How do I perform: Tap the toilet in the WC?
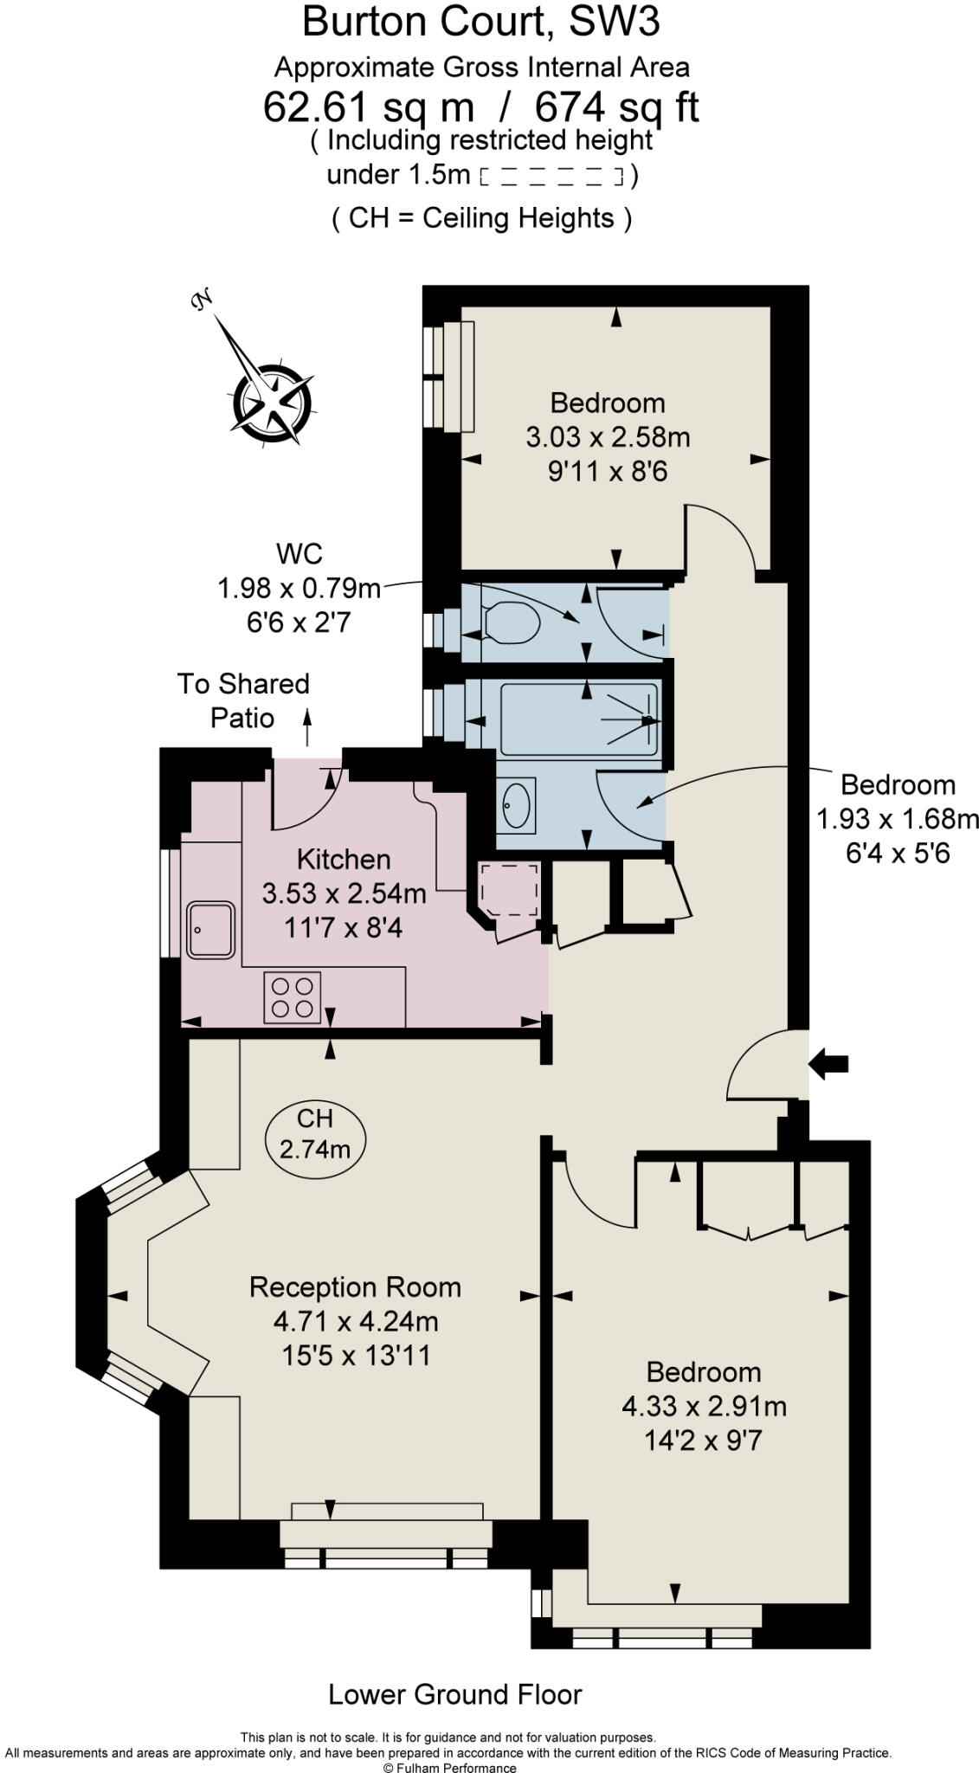(512, 622)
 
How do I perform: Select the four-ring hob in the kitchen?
(293, 997)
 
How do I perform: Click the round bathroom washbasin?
(517, 805)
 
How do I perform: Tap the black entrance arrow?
(828, 1063)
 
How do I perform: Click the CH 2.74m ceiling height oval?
(315, 1134)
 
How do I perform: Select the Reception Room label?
(355, 1287)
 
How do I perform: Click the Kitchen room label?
(344, 859)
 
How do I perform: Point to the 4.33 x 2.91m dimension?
(705, 1406)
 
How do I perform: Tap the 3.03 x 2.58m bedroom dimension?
(609, 437)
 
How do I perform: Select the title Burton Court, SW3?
(481, 22)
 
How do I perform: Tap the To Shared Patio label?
(243, 701)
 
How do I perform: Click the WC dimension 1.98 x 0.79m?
(299, 589)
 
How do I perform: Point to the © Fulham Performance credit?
(449, 1768)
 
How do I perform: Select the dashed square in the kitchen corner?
(510, 889)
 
